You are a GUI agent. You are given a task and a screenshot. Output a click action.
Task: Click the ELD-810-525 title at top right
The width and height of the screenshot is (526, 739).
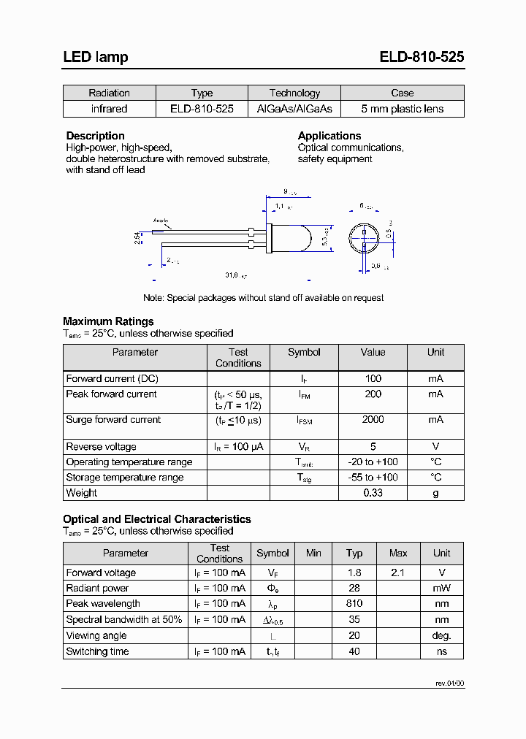(422, 57)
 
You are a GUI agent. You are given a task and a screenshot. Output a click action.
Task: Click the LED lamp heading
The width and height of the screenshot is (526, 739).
(95, 57)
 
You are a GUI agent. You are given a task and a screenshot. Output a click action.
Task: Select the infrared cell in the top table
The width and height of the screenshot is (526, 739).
(109, 109)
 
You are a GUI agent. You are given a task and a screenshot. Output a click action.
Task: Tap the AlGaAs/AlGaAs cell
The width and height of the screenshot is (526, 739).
(294, 109)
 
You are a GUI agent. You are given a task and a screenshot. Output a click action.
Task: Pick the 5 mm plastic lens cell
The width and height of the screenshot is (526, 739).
(402, 109)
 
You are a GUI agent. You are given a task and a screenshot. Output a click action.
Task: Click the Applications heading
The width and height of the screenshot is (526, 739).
(329, 136)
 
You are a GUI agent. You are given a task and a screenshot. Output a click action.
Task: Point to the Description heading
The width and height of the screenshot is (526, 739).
(95, 136)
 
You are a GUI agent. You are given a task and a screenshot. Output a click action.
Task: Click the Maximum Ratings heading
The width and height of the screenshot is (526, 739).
(108, 321)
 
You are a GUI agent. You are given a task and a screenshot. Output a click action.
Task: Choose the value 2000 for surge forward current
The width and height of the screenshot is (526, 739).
(373, 420)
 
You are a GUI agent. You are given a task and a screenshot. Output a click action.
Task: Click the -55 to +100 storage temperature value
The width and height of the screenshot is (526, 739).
(373, 478)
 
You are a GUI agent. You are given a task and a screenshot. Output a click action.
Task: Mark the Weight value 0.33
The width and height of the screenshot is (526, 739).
(373, 493)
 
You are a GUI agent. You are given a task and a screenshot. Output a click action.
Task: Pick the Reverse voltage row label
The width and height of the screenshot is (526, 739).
(101, 447)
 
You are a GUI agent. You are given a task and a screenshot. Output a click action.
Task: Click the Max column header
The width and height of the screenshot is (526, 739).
(398, 554)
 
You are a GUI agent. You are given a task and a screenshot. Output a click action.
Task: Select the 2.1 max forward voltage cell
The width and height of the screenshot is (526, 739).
(398, 573)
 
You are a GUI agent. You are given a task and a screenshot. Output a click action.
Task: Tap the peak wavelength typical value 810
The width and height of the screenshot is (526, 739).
(354, 604)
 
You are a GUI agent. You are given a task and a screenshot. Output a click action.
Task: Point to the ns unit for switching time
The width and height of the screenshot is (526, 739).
(441, 651)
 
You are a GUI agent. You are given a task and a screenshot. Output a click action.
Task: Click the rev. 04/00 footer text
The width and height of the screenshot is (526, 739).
(449, 684)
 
